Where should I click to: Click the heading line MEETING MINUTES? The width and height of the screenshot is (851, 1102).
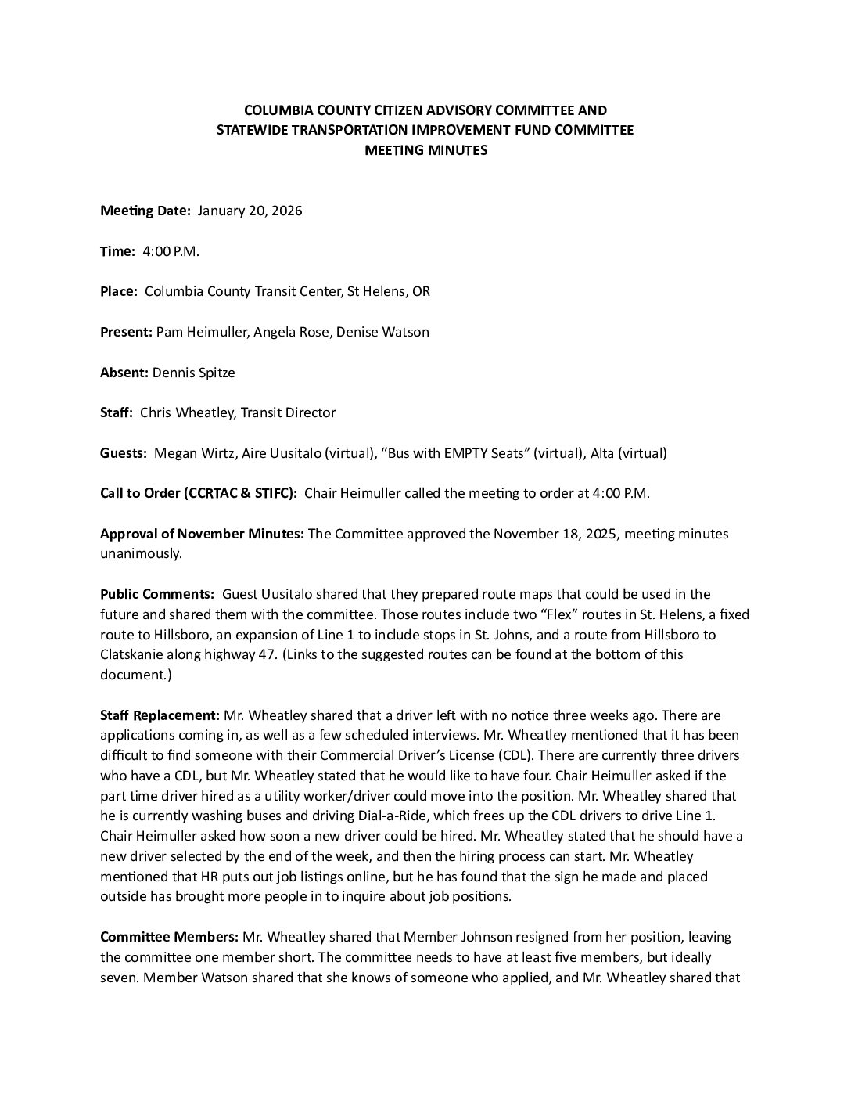point(425,150)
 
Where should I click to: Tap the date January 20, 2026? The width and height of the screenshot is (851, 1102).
point(250,211)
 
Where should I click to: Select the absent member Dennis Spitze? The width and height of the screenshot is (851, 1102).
point(194,373)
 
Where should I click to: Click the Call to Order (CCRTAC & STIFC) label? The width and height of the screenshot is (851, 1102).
point(199,493)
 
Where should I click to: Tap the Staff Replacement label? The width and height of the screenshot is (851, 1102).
point(160,715)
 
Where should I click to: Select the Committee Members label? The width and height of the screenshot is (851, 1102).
point(170,937)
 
